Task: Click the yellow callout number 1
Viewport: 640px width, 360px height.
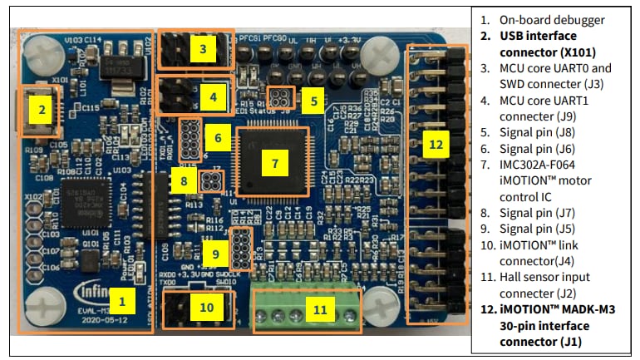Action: [x=122, y=296]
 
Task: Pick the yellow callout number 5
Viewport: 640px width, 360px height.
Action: [x=313, y=101]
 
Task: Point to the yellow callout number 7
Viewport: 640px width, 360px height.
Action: [x=273, y=163]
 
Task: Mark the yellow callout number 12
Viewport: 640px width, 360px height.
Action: [x=436, y=143]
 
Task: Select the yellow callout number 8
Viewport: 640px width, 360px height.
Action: [x=184, y=179]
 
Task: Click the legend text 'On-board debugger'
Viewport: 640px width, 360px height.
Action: [x=551, y=19]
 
